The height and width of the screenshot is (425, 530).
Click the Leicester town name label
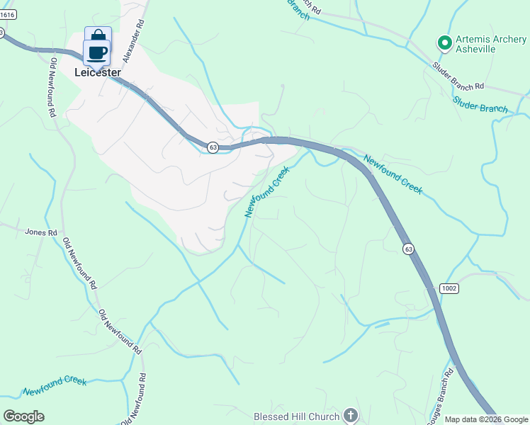click(x=98, y=72)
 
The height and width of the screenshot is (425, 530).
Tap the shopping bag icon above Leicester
click(x=98, y=36)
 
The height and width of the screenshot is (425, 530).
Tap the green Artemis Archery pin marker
click(x=445, y=44)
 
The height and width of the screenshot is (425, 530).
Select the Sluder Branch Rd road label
click(x=458, y=76)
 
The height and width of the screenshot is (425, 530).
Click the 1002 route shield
click(x=449, y=288)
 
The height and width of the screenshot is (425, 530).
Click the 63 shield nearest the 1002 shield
click(x=408, y=249)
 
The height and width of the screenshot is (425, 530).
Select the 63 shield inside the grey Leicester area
click(x=213, y=147)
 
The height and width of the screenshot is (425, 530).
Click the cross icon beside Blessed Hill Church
click(x=349, y=414)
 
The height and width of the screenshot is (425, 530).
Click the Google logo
click(x=23, y=416)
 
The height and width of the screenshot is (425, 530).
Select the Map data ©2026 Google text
click(x=486, y=419)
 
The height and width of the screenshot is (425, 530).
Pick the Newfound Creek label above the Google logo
click(x=55, y=386)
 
